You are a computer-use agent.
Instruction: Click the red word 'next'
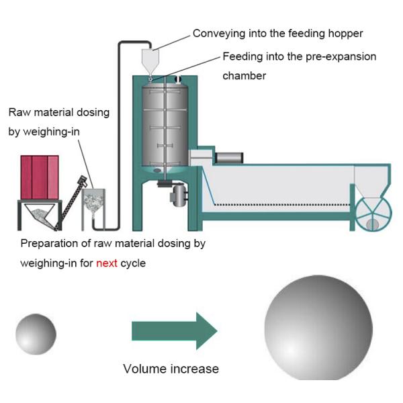pos(107,263)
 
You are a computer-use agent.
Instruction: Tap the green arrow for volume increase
pos(175,330)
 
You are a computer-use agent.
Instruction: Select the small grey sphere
pos(36,334)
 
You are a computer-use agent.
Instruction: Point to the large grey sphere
pos(318,328)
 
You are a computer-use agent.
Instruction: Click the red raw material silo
pos(40,177)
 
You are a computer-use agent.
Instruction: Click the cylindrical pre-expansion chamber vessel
pos(165,126)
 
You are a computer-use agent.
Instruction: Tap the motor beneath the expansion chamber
pos(178,195)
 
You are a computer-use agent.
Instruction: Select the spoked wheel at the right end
pos(373,214)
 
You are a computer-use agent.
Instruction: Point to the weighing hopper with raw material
pos(93,203)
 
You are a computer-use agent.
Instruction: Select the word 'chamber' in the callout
pos(244,76)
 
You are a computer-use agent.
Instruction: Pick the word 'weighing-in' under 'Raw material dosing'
pos(52,132)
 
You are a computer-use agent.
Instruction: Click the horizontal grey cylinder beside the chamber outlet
pos(229,158)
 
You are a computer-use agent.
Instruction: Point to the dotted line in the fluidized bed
pos(282,205)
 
